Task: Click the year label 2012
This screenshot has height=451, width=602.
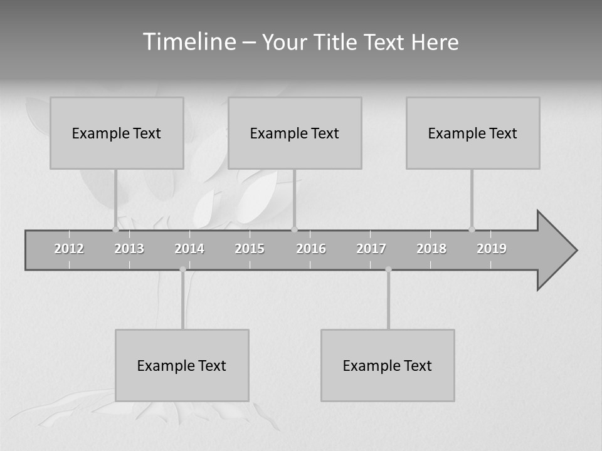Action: (69, 249)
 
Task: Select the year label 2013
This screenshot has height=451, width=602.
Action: (129, 249)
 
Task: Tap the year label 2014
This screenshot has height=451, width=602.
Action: (189, 249)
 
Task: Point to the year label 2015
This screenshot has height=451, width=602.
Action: (250, 249)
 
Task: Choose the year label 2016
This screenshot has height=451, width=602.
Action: (311, 249)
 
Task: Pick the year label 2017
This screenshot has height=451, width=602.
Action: (371, 249)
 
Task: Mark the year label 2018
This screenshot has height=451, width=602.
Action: (431, 249)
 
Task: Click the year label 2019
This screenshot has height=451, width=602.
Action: (492, 249)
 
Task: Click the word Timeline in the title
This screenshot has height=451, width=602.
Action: (188, 42)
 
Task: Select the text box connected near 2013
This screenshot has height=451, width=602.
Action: (117, 133)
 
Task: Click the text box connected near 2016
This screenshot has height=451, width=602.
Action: (295, 133)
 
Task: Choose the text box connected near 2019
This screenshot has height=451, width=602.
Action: (473, 133)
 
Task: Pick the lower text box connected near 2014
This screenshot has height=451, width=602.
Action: (182, 365)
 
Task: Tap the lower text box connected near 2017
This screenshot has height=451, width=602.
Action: (388, 365)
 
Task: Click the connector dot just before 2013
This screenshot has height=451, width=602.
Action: (115, 230)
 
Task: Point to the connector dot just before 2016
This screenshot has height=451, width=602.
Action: (295, 230)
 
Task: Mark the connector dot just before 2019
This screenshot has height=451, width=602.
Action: (472, 230)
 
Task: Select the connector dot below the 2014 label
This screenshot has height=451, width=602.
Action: (182, 269)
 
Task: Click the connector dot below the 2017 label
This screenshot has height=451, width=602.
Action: (388, 269)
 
